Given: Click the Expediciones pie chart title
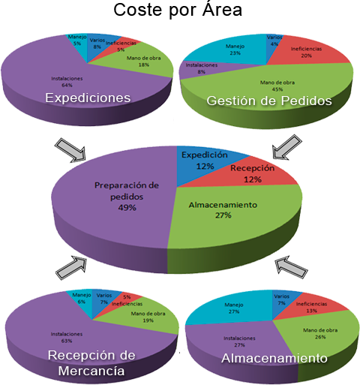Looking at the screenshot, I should click(x=88, y=98).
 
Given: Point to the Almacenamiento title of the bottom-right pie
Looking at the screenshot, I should click(x=274, y=359).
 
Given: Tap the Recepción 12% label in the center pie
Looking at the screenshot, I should click(x=253, y=174).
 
